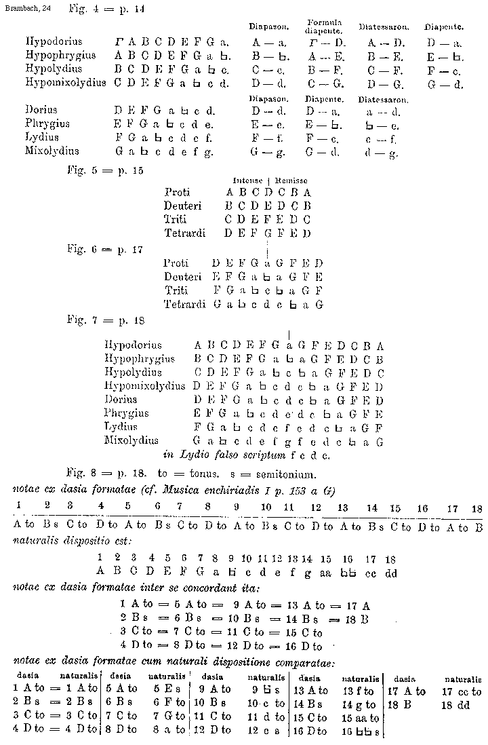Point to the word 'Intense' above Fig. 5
coord(247,180)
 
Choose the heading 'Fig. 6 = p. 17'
coord(105,249)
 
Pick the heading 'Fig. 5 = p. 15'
coord(105,171)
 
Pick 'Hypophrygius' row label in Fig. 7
coord(140,359)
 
